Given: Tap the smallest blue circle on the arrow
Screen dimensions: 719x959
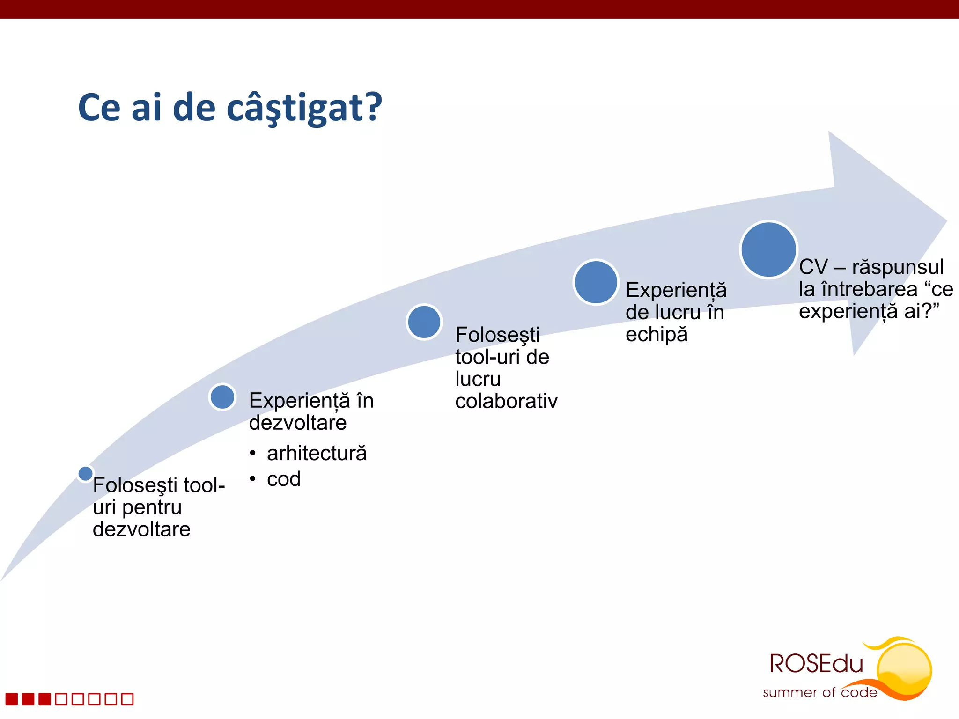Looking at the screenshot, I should (85, 473).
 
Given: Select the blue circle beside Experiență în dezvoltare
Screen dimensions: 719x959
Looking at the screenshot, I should (222, 397).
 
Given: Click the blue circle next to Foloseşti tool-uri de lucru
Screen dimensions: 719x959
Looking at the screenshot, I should (424, 322).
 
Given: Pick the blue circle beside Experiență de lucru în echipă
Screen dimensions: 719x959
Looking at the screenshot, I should (596, 282).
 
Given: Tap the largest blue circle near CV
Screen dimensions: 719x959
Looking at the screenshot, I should (768, 249).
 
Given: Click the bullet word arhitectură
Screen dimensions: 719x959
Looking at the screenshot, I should (317, 453).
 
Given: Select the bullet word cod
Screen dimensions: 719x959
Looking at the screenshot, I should (283, 479).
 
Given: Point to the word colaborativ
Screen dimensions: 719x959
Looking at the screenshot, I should (506, 401).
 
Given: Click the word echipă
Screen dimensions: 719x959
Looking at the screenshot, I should (657, 334).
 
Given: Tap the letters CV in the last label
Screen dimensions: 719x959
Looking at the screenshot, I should (813, 267).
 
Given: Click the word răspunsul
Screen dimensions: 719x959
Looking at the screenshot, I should (898, 267).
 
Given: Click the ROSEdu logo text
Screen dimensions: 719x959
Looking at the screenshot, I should (816, 664).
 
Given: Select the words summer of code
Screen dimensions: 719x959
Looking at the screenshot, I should (819, 692).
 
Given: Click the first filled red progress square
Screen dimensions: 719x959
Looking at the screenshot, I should (12, 699).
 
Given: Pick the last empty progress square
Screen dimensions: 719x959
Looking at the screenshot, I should (127, 699).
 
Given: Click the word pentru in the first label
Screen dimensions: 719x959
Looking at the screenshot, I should (151, 507).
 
